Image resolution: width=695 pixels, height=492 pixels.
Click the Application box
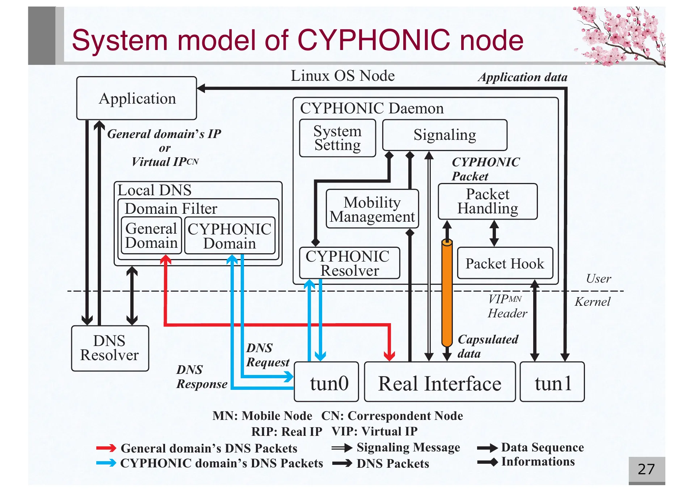(137, 98)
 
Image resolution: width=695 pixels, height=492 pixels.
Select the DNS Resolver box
(110, 348)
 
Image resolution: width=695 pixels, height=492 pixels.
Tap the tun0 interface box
(327, 382)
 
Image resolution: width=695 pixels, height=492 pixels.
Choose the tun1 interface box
(552, 382)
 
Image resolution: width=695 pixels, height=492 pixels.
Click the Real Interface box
(439, 382)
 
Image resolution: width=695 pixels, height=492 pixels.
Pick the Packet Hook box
(505, 263)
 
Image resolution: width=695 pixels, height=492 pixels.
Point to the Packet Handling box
(488, 201)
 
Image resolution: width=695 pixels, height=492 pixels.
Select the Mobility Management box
(372, 209)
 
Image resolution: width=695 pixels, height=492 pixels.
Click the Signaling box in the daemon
(445, 135)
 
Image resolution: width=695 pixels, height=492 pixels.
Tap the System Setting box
(337, 138)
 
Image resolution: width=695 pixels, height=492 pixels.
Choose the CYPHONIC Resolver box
(349, 263)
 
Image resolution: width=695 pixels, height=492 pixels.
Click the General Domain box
(151, 235)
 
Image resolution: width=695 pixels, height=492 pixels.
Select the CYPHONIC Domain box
(229, 235)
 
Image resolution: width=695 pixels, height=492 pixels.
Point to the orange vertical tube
(447, 293)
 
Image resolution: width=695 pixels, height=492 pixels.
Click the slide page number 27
(646, 469)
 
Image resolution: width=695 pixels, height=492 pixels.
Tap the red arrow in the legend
(106, 448)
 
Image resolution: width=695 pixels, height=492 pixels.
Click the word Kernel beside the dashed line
(593, 301)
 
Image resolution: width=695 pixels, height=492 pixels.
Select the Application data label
(523, 77)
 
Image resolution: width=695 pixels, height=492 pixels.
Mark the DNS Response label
(202, 377)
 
